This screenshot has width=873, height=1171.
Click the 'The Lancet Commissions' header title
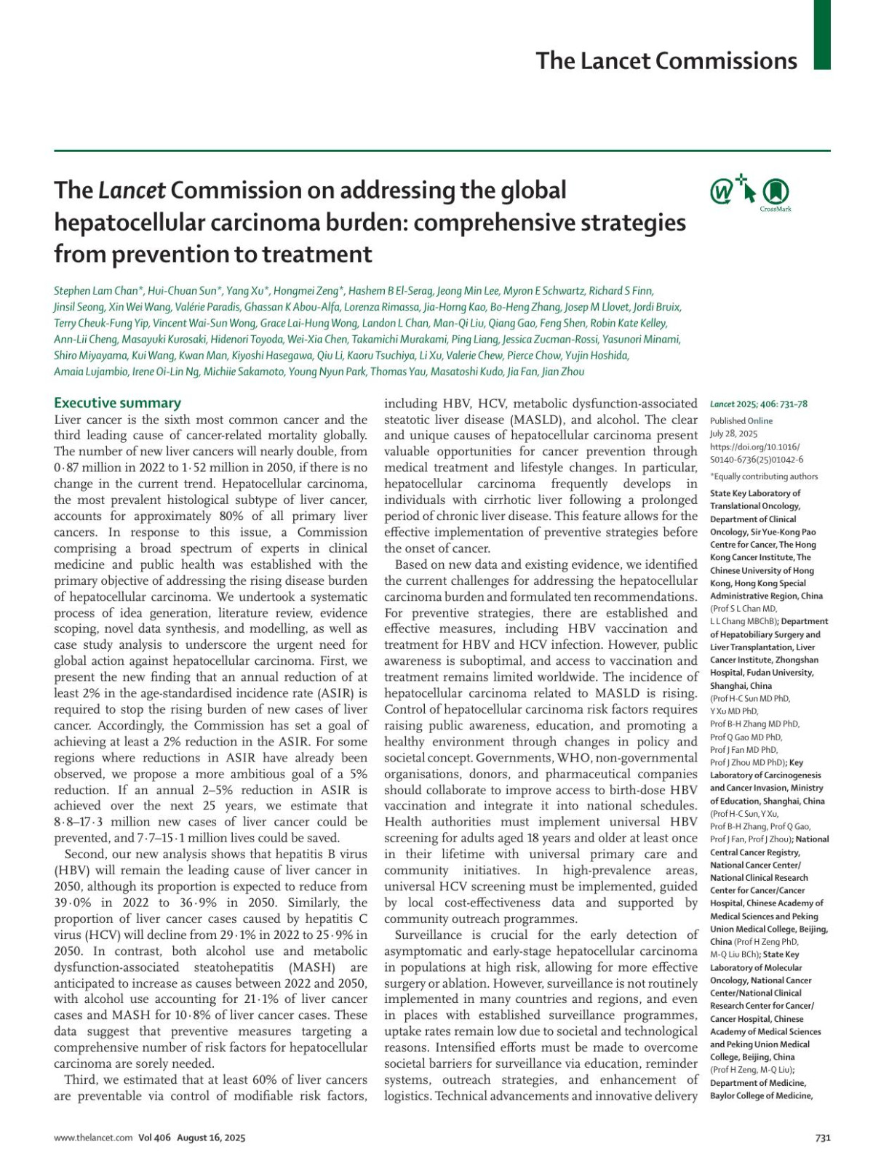point(666,60)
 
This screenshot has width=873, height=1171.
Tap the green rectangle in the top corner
point(821,34)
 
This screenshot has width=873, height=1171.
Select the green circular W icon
point(722,192)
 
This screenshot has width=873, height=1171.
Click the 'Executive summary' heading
point(117,403)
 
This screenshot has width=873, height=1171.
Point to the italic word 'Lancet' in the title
point(132,190)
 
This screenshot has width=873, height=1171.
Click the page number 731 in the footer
point(822,1138)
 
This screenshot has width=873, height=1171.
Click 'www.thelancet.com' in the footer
point(93,1138)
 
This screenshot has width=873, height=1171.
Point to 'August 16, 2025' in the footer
point(211,1138)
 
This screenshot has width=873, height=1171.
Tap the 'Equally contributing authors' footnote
point(765,476)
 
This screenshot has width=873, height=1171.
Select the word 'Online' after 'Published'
point(760,420)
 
